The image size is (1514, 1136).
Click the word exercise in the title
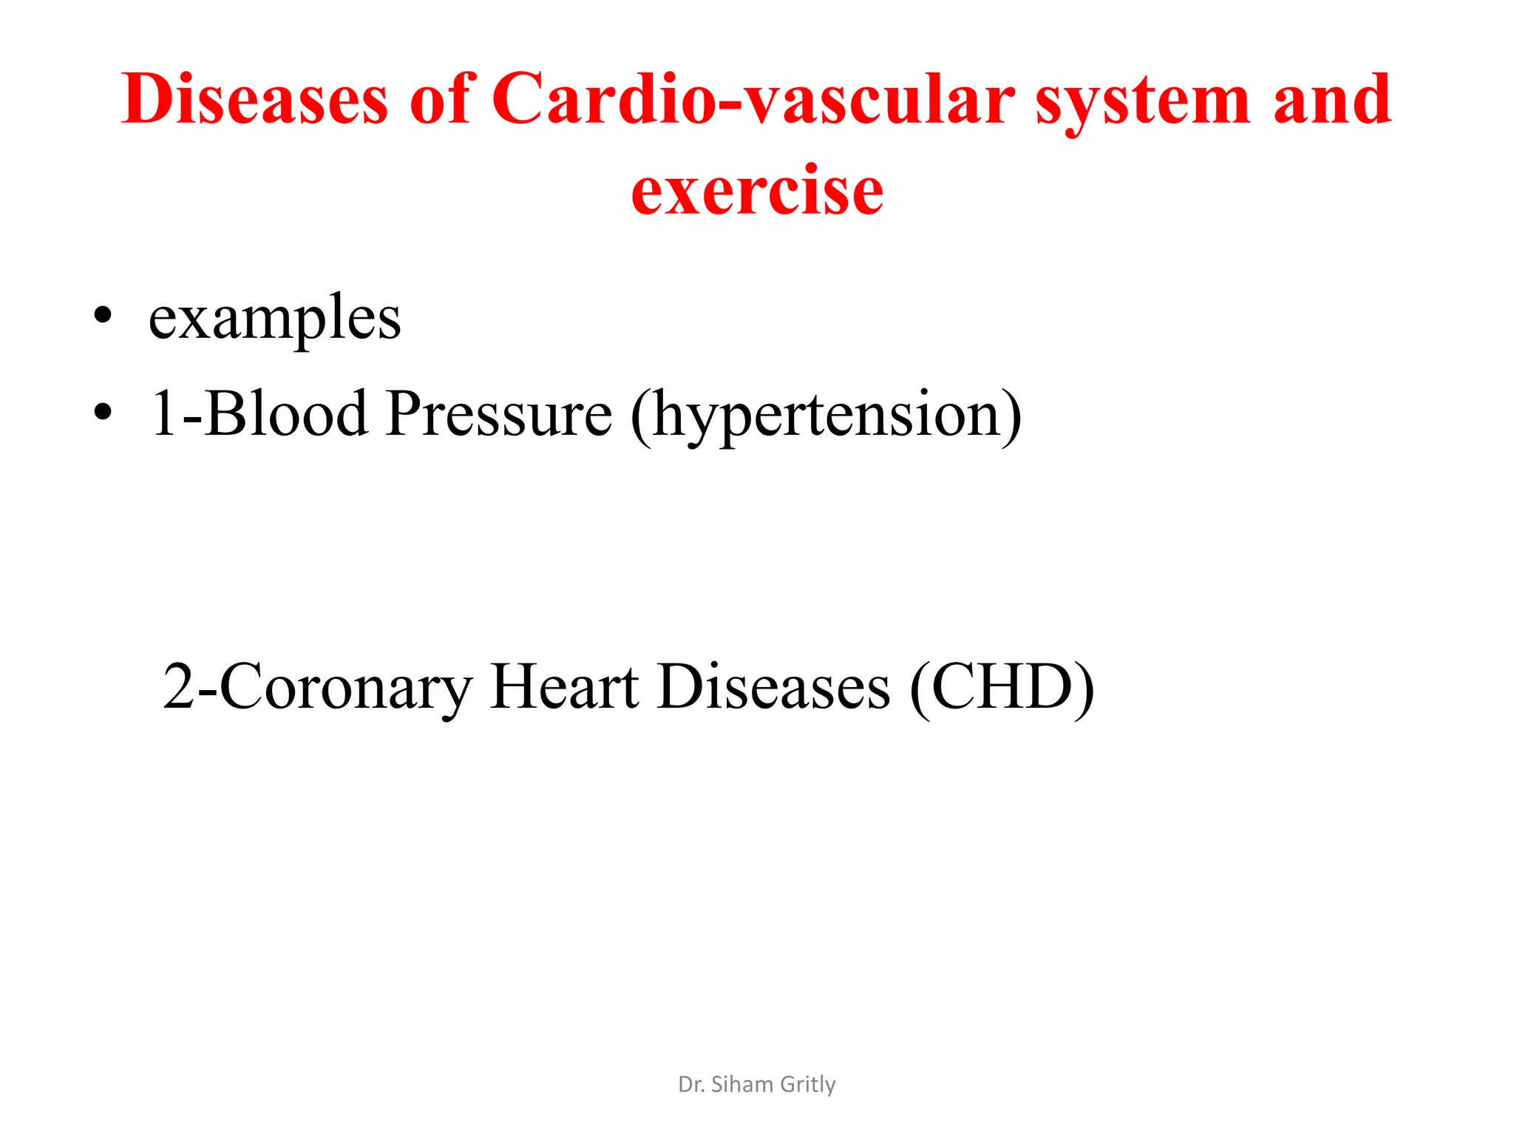pos(757,191)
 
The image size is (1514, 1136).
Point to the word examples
pos(274,319)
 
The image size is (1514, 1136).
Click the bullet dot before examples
pos(103,316)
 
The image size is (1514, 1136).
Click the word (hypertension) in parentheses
pos(826,416)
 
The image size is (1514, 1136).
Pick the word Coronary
pos(346,688)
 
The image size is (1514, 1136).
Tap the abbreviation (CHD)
pos(1002,688)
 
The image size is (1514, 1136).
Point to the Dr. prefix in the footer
pos(690,1084)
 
